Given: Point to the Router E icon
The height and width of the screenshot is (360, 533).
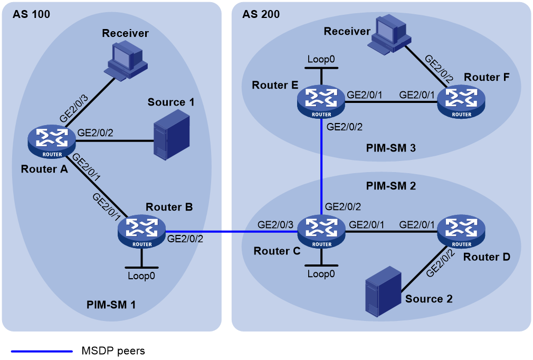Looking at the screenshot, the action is click(321, 102).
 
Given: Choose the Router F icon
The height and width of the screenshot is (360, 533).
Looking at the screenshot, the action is click(461, 102).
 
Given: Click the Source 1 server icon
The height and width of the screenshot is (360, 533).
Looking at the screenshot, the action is click(172, 135).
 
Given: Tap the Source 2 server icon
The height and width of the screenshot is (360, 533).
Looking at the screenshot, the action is click(383, 291).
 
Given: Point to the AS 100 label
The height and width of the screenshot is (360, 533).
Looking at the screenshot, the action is click(31, 14).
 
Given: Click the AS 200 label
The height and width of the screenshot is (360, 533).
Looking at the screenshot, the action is click(261, 14).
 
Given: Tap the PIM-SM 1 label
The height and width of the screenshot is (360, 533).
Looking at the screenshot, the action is click(111, 305).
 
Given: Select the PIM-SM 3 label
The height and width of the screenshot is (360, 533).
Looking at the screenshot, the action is click(391, 148).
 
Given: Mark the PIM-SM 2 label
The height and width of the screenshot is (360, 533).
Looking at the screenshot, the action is click(391, 186).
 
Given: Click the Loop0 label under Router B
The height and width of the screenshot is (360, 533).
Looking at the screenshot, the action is click(141, 276).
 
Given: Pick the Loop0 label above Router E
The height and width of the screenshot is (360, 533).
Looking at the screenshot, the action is click(321, 59).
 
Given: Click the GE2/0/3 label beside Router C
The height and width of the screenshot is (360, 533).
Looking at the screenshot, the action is click(275, 225).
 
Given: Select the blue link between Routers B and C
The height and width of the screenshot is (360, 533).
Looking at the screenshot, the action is click(232, 232).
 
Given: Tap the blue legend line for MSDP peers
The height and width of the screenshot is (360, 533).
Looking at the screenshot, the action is click(42, 351).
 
